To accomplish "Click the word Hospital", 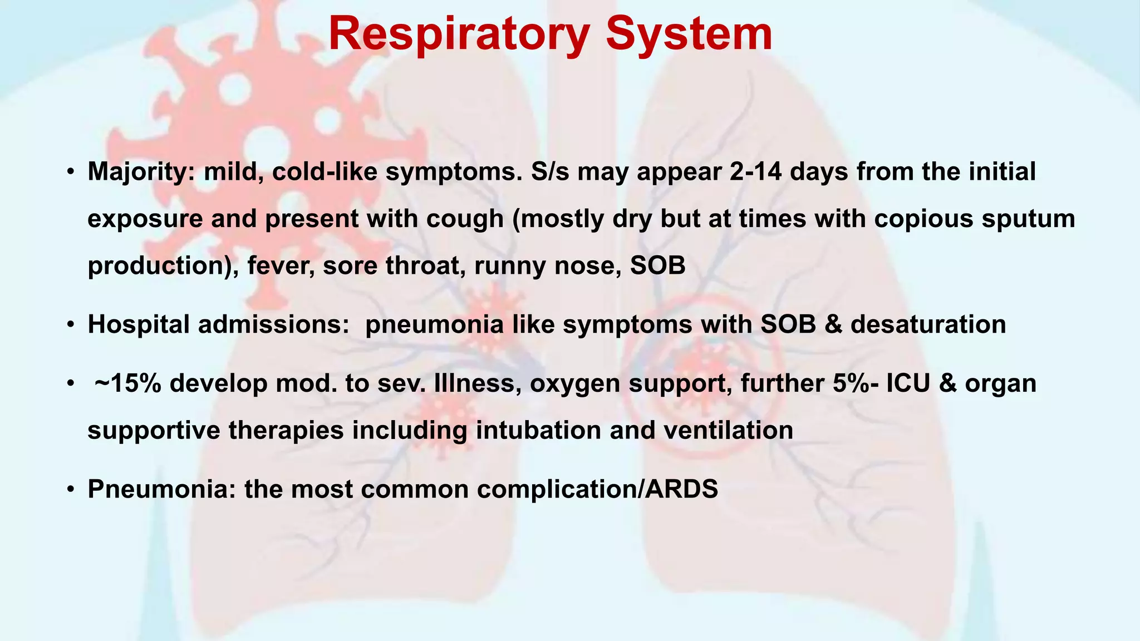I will (139, 324).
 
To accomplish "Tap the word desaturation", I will (928, 324).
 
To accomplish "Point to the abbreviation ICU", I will (908, 383).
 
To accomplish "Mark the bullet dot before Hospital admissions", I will (70, 325).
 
